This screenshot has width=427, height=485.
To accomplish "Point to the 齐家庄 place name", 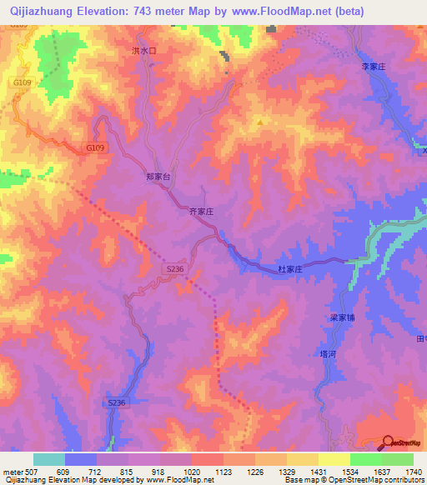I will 203,213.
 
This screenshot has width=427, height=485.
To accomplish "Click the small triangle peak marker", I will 259,122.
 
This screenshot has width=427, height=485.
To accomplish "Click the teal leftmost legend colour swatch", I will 49,459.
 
